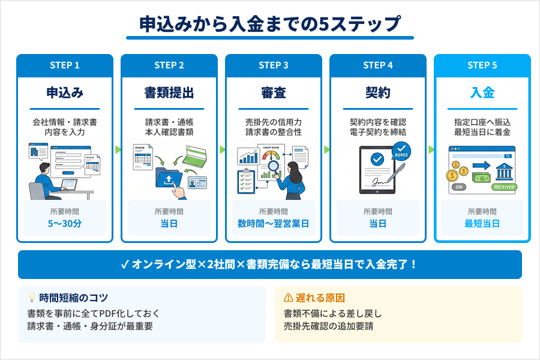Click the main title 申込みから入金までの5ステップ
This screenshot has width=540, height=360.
(x=269, y=24)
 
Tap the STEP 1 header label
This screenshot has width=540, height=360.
(x=65, y=65)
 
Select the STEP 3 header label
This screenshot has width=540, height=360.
(x=274, y=65)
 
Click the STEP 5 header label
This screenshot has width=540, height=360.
(x=482, y=65)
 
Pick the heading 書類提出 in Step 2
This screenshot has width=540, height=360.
(x=169, y=93)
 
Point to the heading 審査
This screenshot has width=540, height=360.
(x=274, y=93)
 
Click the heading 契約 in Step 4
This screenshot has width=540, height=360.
(x=378, y=93)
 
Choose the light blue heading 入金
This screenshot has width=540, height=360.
(x=482, y=93)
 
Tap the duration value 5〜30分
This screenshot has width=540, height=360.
(x=65, y=224)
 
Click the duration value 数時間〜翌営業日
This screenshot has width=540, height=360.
(x=274, y=224)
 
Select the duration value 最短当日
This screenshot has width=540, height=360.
(x=482, y=224)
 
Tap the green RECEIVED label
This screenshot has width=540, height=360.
(x=503, y=187)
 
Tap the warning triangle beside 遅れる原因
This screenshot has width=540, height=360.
(x=288, y=298)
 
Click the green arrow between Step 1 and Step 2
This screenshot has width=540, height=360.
(x=118, y=149)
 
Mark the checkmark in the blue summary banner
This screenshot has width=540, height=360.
(x=125, y=265)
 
